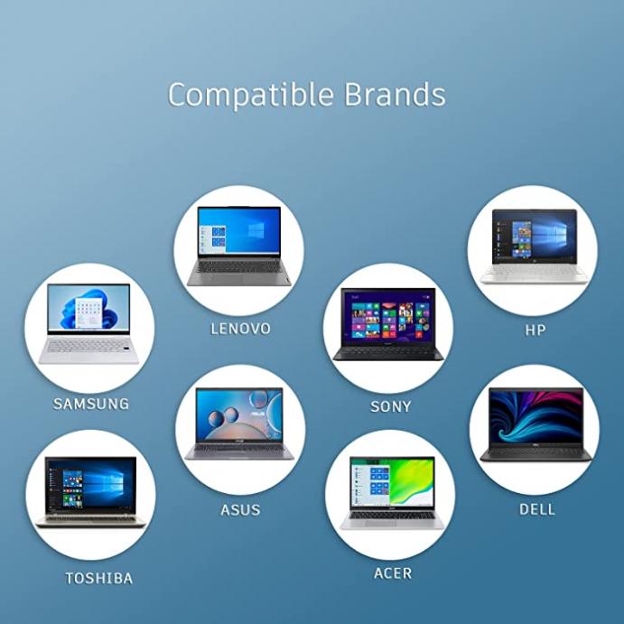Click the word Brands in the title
click(x=395, y=94)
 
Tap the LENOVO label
click(x=240, y=329)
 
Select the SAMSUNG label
click(x=91, y=404)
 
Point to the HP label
click(x=536, y=330)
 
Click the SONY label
click(x=390, y=406)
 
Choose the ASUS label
click(x=240, y=510)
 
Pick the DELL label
click(x=536, y=509)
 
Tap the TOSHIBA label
click(x=98, y=578)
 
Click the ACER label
click(x=393, y=573)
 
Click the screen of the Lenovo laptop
click(x=239, y=230)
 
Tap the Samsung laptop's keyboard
click(x=88, y=346)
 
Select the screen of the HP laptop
click(x=534, y=236)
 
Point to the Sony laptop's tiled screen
click(x=388, y=316)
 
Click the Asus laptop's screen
click(x=239, y=414)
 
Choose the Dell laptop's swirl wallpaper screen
click(x=536, y=416)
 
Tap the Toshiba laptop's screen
click(x=90, y=484)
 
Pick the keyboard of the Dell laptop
click(x=536, y=452)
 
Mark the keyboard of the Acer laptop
click(x=392, y=516)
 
